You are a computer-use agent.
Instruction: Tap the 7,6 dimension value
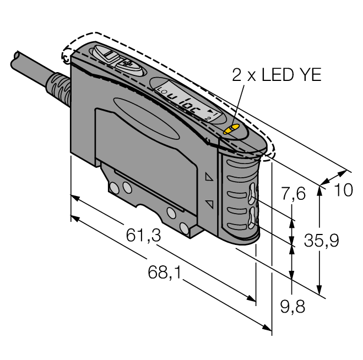coord(292,195)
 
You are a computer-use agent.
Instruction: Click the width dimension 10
coord(343,190)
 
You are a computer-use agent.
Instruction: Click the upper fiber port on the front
coord(252,195)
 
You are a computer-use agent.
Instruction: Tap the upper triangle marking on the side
coord(208,178)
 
